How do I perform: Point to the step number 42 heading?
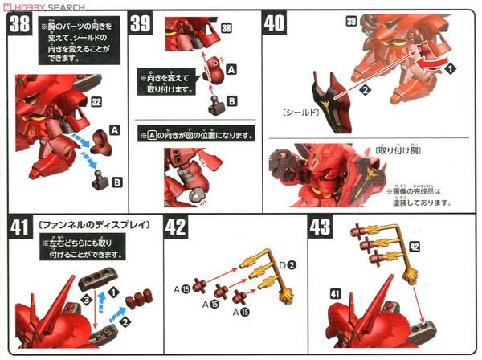[177, 227]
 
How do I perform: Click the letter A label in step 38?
[114, 129]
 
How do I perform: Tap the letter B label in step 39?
[232, 100]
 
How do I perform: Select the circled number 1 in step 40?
[450, 70]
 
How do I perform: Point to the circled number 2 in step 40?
[364, 88]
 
